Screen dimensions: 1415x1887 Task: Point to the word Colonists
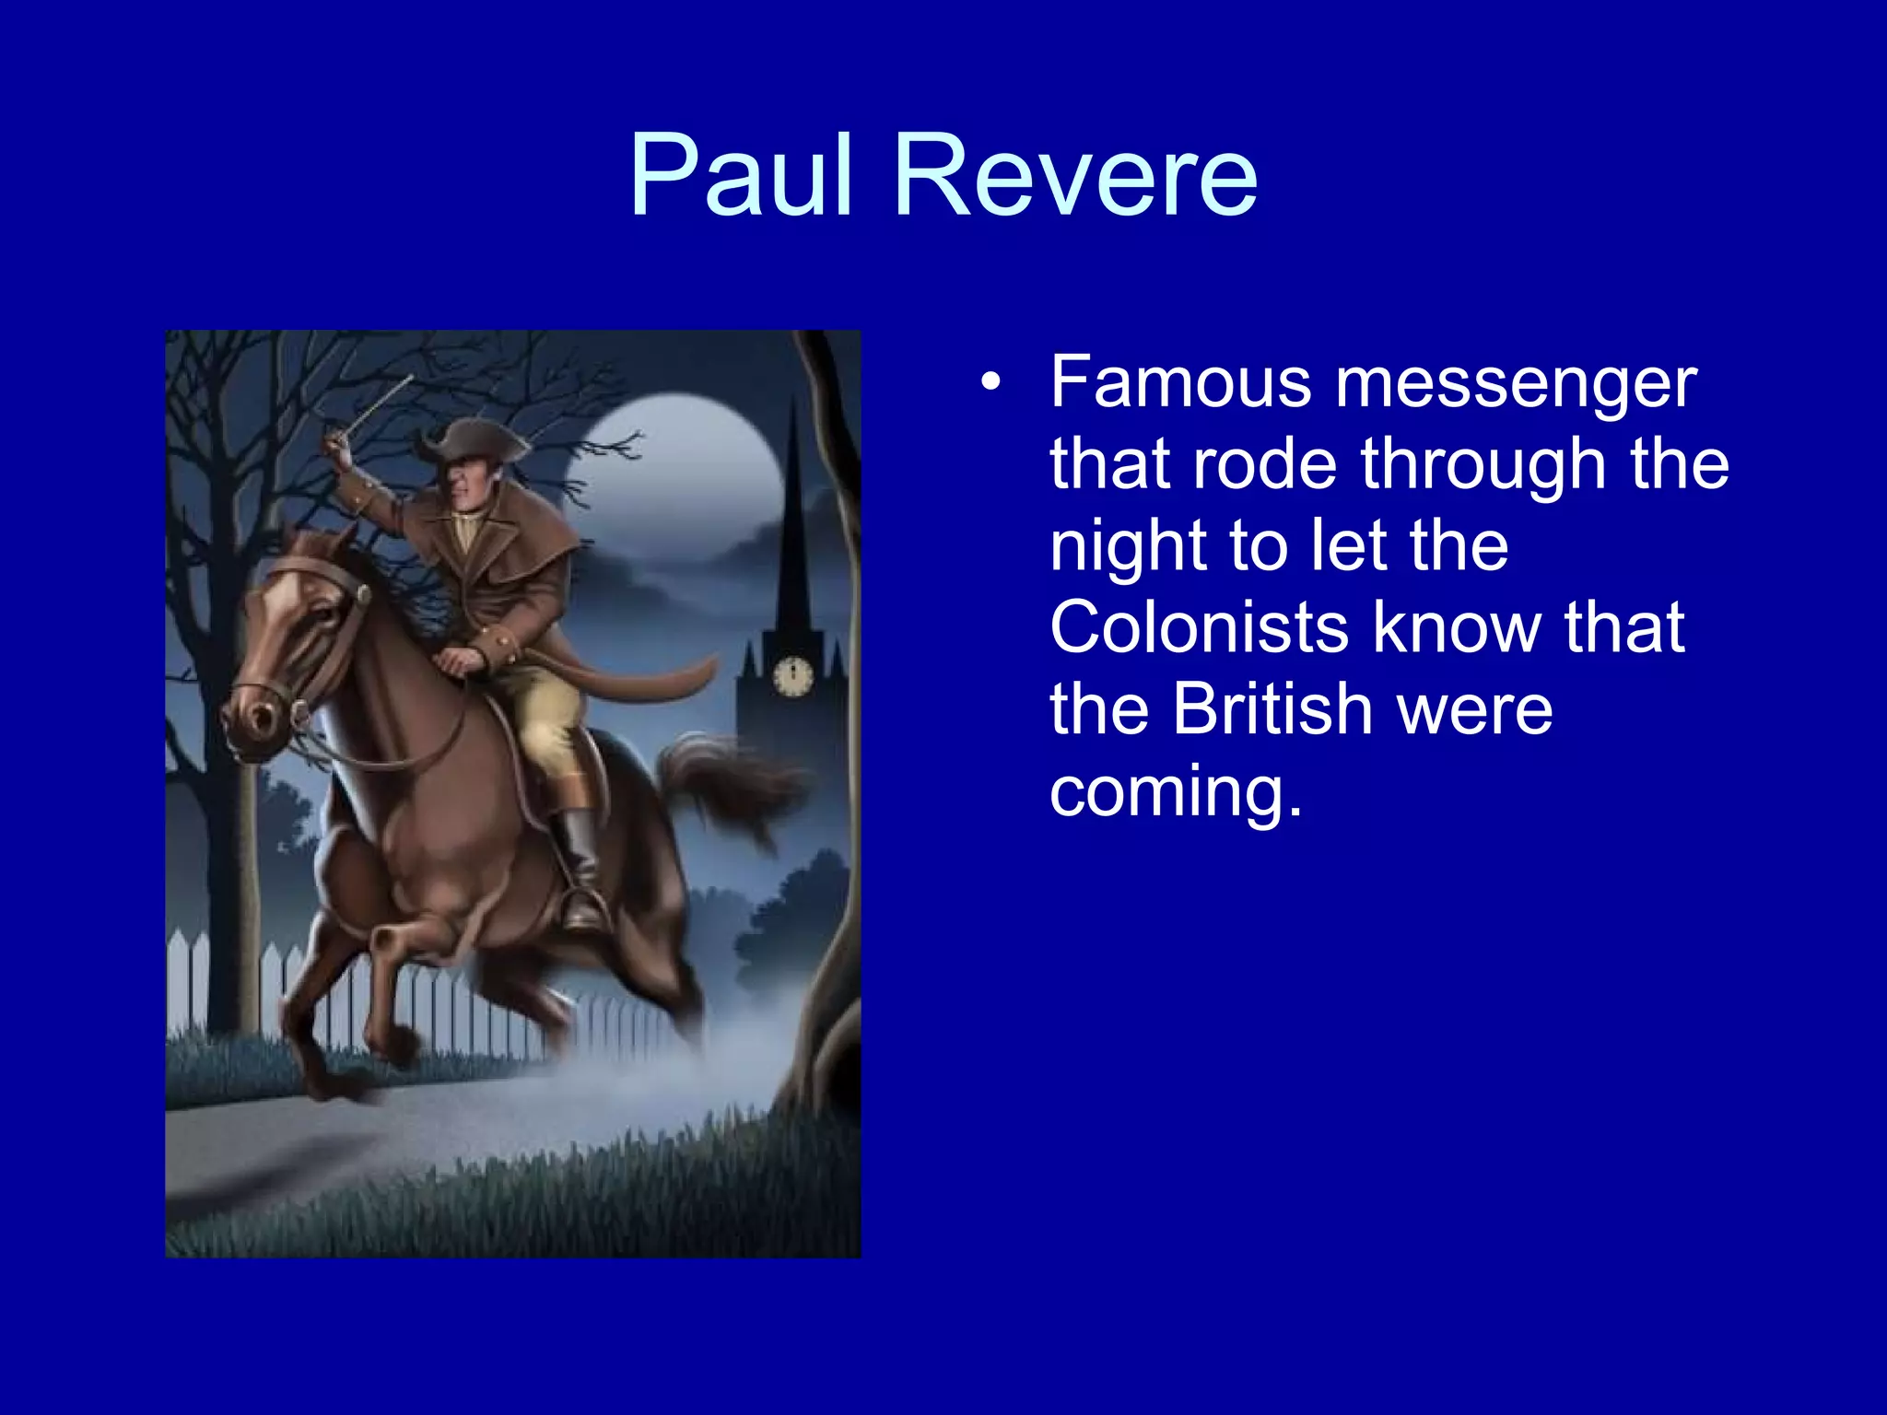(1198, 627)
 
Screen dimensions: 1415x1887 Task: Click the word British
(1272, 709)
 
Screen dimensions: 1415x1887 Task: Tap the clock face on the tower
(793, 677)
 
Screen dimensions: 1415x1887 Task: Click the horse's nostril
(262, 714)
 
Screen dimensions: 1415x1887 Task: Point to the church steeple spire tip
(793, 401)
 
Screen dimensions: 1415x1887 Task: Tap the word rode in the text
(1263, 464)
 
